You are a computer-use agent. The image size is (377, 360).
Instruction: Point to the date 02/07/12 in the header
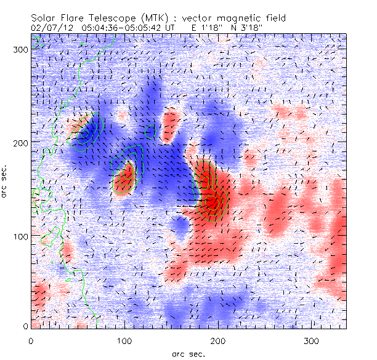(48, 28)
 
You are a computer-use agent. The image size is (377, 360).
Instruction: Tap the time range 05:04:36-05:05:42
(118, 28)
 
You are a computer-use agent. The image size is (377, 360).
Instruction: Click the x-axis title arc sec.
(188, 354)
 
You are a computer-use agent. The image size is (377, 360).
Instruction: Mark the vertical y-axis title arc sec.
(6, 181)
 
